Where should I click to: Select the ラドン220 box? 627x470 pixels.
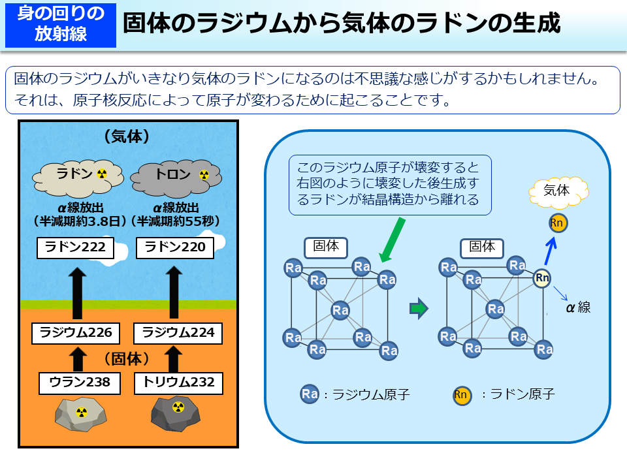tap(174, 247)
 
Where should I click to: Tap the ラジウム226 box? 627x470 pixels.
tap(76, 333)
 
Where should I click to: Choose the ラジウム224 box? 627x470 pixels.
tap(174, 333)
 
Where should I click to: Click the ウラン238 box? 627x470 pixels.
tap(76, 383)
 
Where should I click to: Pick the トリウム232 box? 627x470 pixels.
tap(174, 383)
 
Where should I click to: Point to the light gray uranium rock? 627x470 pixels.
tap(78, 414)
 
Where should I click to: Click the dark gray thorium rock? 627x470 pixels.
tap(175, 413)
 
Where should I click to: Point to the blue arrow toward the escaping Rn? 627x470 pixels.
tap(551, 250)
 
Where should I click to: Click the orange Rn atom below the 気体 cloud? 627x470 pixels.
tap(558, 223)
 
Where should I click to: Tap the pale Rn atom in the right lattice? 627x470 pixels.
tap(542, 278)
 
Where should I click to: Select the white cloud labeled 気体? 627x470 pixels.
tap(557, 191)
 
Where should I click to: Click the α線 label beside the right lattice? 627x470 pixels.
tap(578, 307)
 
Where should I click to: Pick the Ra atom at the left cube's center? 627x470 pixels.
tap(340, 310)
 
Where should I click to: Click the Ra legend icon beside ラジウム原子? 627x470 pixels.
tap(310, 394)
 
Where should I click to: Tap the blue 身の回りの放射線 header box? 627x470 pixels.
tap(61, 25)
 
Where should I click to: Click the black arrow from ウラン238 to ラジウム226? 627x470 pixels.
tap(77, 358)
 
